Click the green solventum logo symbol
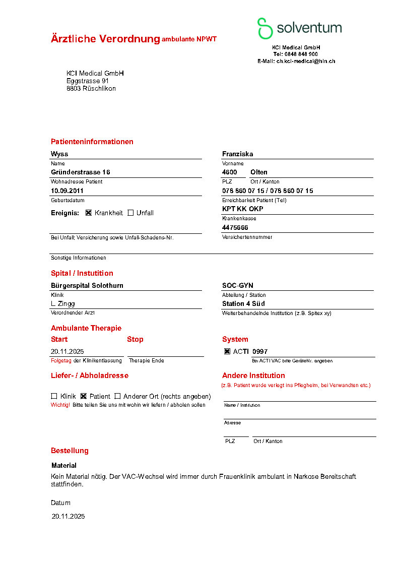pyautogui.click(x=265, y=28)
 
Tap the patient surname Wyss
pyautogui.click(x=59, y=154)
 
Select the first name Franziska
pyautogui.click(x=237, y=154)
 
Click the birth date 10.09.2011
pyautogui.click(x=67, y=191)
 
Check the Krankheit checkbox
pyautogui.click(x=89, y=213)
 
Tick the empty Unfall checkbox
pyautogui.click(x=130, y=213)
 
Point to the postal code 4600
pyautogui.click(x=230, y=172)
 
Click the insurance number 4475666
pyautogui.click(x=235, y=228)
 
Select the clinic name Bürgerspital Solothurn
pyautogui.click(x=87, y=286)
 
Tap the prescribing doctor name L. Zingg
pyautogui.click(x=63, y=304)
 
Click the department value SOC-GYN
pyautogui.click(x=237, y=286)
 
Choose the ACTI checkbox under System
pyautogui.click(x=227, y=351)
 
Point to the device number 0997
pyautogui.click(x=260, y=352)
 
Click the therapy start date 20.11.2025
pyautogui.click(x=67, y=352)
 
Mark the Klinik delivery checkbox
pyautogui.click(x=54, y=396)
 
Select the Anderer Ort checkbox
pyautogui.click(x=117, y=396)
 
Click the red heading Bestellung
pyautogui.click(x=70, y=451)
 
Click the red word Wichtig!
pyautogui.click(x=60, y=405)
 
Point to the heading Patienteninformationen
pyautogui.click(x=92, y=142)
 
